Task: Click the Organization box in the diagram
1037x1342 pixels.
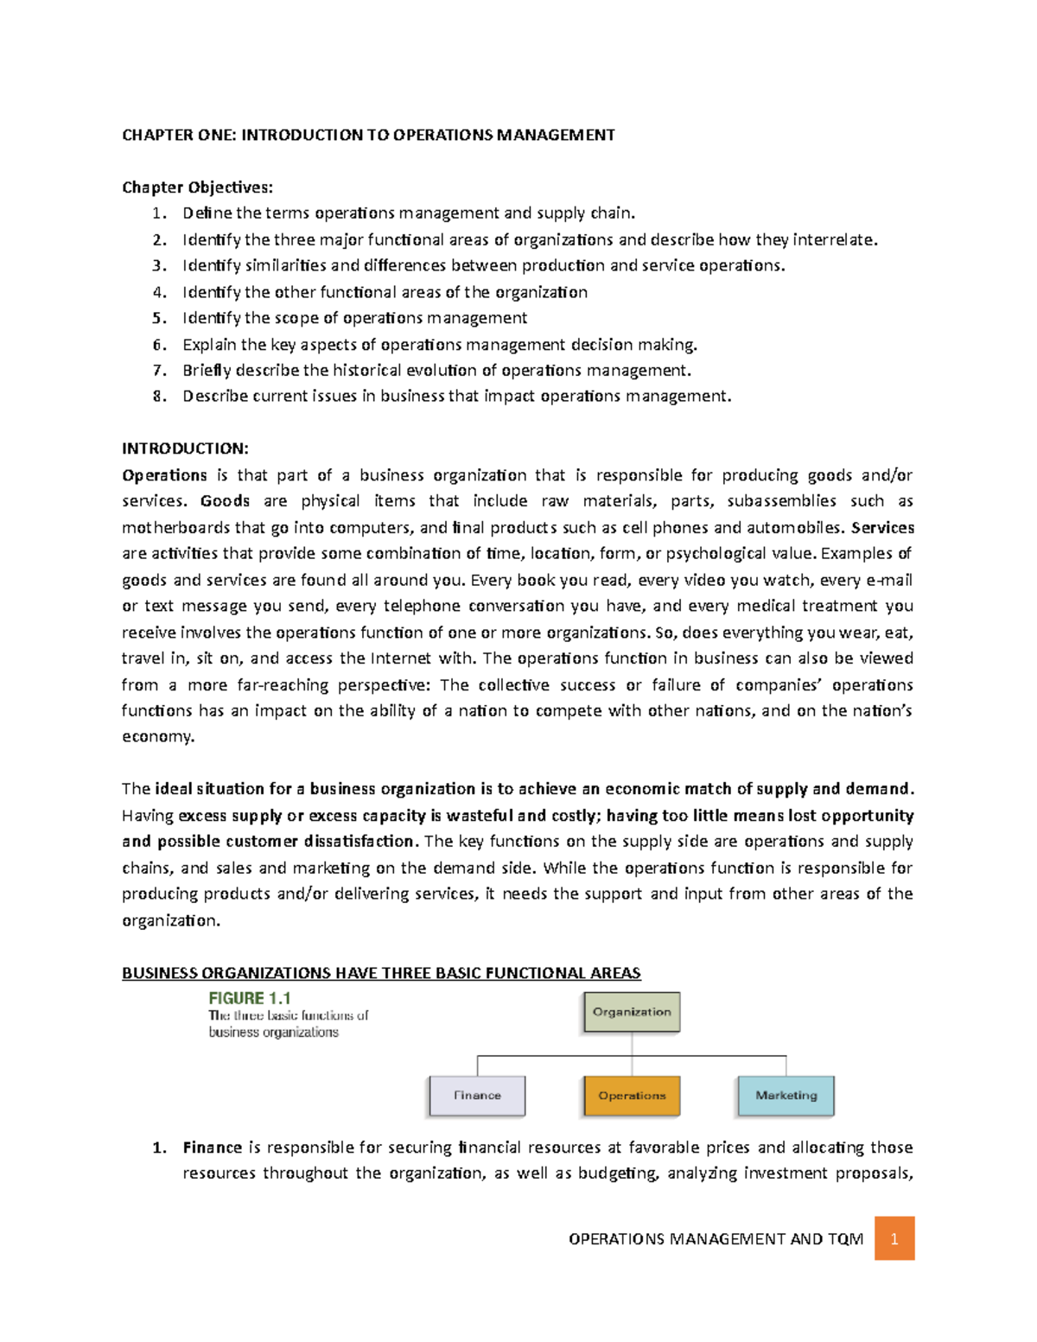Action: pyautogui.click(x=632, y=1012)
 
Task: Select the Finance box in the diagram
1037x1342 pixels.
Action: pyautogui.click(x=477, y=1096)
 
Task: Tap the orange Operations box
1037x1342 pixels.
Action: pyautogui.click(x=632, y=1096)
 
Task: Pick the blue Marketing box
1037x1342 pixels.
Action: pyautogui.click(x=786, y=1096)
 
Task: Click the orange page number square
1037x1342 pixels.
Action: pyautogui.click(x=894, y=1238)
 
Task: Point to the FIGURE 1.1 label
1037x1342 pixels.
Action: pyautogui.click(x=250, y=998)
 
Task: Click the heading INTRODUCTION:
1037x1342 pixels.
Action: pyautogui.click(x=185, y=448)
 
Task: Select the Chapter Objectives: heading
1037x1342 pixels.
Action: pyautogui.click(x=197, y=188)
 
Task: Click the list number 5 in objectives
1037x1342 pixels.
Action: pyautogui.click(x=158, y=318)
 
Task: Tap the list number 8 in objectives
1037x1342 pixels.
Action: pyautogui.click(x=158, y=397)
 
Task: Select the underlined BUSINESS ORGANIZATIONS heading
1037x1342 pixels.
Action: pyautogui.click(x=381, y=973)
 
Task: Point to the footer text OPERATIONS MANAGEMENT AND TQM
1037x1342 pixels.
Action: pyautogui.click(x=716, y=1239)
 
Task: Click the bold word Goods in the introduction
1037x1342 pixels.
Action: pyautogui.click(x=225, y=501)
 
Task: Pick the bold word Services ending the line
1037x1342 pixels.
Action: pyautogui.click(x=882, y=527)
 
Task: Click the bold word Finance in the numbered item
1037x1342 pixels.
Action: pyautogui.click(x=212, y=1148)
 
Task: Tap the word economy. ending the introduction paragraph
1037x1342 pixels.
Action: pyautogui.click(x=158, y=737)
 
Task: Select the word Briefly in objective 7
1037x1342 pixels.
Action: pyautogui.click(x=207, y=371)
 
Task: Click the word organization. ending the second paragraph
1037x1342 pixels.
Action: pyautogui.click(x=171, y=920)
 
